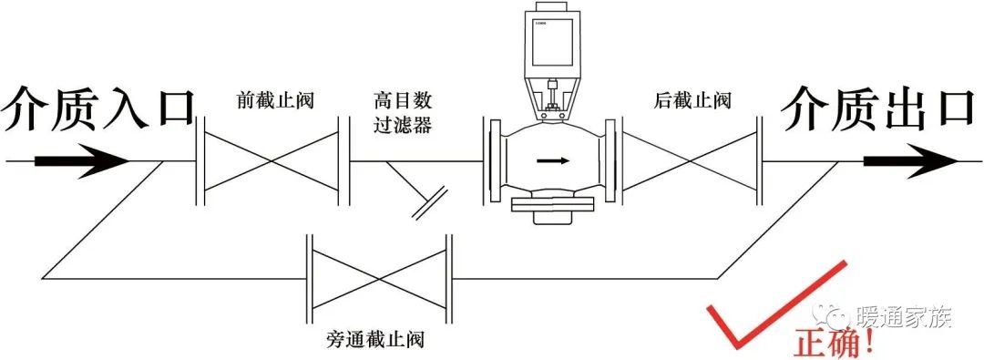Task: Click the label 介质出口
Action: pos(876,110)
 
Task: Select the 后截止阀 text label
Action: pos(692,101)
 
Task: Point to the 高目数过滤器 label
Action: pos(403,112)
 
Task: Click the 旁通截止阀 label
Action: pos(376,340)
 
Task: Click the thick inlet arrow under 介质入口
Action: pos(82,161)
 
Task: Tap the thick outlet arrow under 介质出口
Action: pos(910,161)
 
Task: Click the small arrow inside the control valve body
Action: pos(553,160)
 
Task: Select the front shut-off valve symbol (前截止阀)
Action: pos(272,160)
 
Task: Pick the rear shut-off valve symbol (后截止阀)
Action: pos(691,160)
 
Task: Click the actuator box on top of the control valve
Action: pos(552,41)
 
